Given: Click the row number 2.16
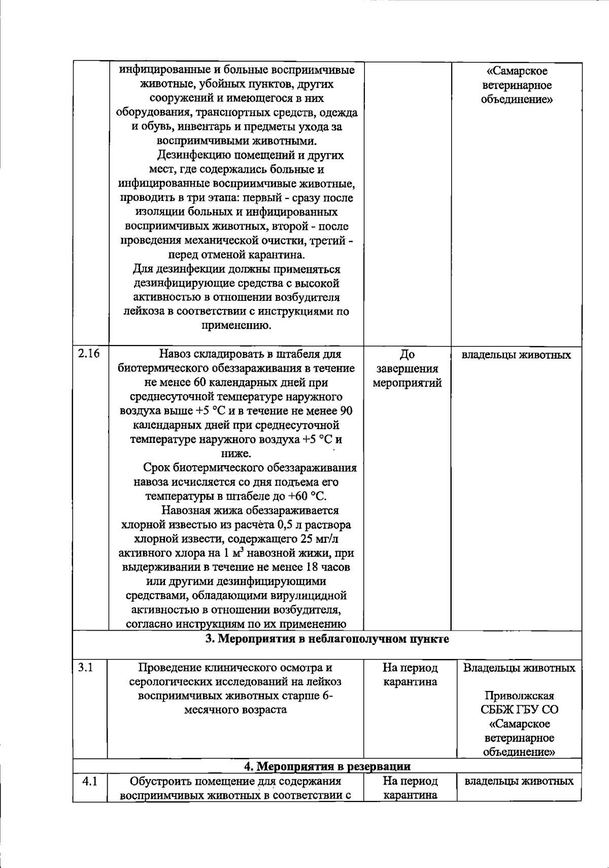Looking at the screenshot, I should (89, 354).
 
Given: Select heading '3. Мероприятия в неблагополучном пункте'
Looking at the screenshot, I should (327, 639).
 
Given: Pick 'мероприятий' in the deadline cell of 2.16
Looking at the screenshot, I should (407, 383).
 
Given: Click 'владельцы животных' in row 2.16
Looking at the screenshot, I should (516, 355).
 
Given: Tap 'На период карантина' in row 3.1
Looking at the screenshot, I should (410, 675).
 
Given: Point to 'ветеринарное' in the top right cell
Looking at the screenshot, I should (517, 86).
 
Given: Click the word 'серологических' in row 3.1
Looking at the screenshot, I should (165, 682).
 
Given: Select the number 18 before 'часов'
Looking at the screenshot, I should (313, 567).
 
